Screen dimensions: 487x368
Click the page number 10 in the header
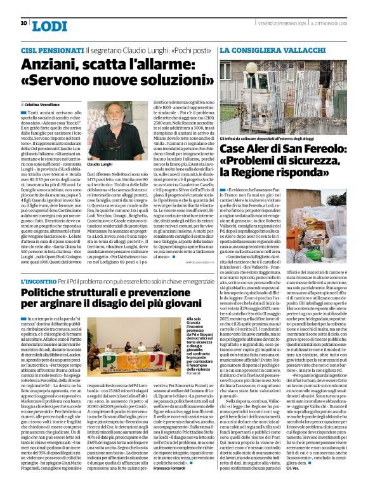coord(23,24)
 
